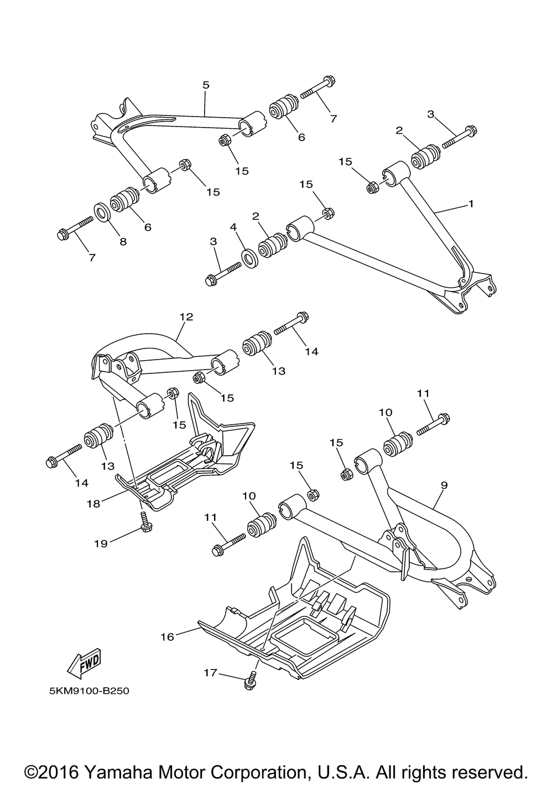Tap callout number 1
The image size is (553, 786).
(471, 204)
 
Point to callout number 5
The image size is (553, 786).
(206, 85)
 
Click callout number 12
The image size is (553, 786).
(186, 316)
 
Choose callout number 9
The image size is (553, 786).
(444, 484)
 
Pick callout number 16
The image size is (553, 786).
(168, 637)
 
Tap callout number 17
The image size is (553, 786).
(210, 673)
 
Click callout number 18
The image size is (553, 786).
(93, 504)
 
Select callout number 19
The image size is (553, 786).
(100, 544)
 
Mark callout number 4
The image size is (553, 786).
(233, 227)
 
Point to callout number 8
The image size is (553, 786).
(123, 241)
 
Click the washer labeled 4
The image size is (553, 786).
(250, 257)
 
